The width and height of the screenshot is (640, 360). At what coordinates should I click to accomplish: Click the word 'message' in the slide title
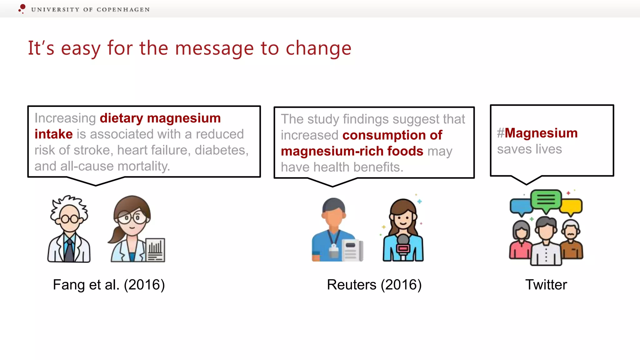214,48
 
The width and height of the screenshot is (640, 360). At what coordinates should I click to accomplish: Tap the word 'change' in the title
318,48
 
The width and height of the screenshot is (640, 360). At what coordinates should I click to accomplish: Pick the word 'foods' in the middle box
405,151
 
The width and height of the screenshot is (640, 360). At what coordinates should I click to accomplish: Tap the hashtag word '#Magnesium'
537,133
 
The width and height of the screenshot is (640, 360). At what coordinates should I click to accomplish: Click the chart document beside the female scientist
155,250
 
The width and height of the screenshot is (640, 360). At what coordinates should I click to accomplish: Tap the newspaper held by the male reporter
352,250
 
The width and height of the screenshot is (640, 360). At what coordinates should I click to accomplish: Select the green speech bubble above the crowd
546,199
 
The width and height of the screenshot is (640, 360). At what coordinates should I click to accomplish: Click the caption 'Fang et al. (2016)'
109,285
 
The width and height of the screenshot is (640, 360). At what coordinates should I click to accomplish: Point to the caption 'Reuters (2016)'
374,285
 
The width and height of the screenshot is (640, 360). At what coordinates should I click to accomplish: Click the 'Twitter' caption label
546,285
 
